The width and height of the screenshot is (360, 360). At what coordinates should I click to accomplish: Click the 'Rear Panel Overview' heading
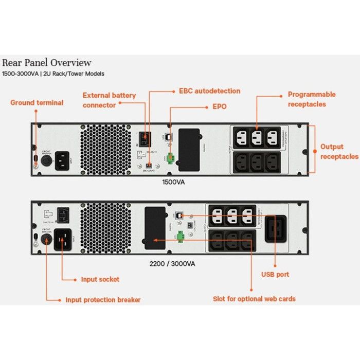coord(47,63)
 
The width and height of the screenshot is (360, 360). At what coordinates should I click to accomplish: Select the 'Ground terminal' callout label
coord(37,102)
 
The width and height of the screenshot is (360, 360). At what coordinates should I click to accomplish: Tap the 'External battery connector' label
coord(109,100)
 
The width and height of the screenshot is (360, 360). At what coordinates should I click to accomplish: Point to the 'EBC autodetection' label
coord(209,91)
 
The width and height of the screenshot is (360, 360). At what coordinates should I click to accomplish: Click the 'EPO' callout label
coord(220,107)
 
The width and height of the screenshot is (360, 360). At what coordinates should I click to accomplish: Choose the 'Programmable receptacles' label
coord(311,99)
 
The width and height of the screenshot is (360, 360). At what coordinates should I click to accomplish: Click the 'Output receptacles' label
coord(339,151)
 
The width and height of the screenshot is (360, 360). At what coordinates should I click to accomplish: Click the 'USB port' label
coord(275,275)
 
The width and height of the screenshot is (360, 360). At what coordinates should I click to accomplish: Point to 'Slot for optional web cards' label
coord(254,299)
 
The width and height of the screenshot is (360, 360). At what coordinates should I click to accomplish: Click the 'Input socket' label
coord(100,279)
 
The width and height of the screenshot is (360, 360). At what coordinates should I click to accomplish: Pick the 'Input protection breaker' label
coord(102,299)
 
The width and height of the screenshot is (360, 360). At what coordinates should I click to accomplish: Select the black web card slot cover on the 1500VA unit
coord(189,150)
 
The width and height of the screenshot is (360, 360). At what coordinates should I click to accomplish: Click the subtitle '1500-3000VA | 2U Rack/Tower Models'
coord(53,74)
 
